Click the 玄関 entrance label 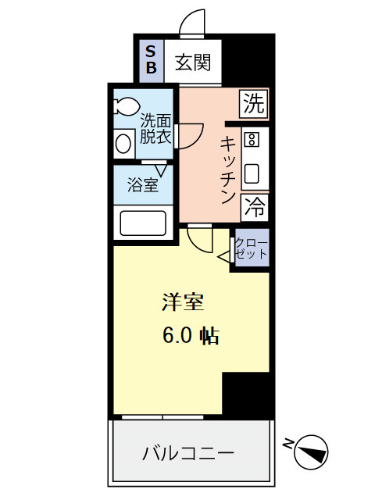tap(193, 62)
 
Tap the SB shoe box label tap(152, 61)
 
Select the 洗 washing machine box tap(254, 102)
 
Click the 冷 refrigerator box tap(254, 207)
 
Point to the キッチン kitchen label tap(227, 169)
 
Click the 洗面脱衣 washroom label tap(155, 128)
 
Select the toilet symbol tap(126, 105)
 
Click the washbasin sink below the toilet tap(124, 143)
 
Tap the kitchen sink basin tap(252, 173)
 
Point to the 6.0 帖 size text tap(190, 336)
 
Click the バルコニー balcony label tap(187, 453)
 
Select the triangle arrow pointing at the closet tap(223, 255)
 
